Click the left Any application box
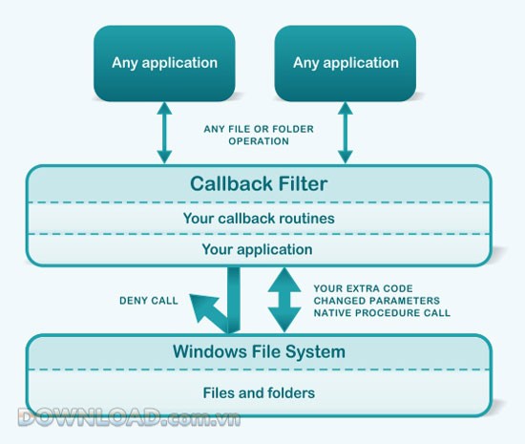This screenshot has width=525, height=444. tap(164, 63)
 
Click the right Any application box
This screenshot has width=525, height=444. tap(346, 63)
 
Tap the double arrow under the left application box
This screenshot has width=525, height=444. tap(164, 135)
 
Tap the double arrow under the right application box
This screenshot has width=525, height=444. tap(345, 135)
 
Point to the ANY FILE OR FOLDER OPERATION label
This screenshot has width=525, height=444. tap(257, 135)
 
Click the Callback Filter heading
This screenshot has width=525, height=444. tap(258, 183)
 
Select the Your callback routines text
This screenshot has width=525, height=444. tap(258, 217)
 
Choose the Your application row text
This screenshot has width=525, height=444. tap(258, 249)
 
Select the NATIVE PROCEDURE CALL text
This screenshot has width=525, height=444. tap(382, 312)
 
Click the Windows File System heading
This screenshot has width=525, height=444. tap(259, 351)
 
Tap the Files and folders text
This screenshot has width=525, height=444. tap(258, 391)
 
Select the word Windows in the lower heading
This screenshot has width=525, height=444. tap(206, 351)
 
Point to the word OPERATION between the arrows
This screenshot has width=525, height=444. tap(257, 141)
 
